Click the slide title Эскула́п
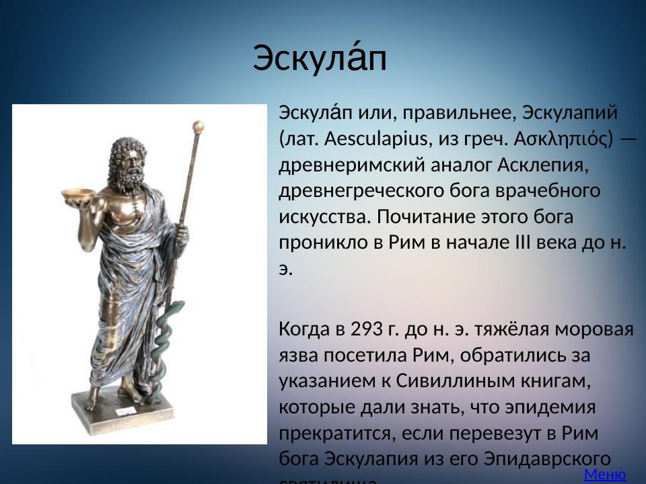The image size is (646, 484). point(320,59)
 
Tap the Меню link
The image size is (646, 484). point(605,475)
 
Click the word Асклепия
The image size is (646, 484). point(543,165)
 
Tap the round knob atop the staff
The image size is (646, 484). point(198,126)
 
